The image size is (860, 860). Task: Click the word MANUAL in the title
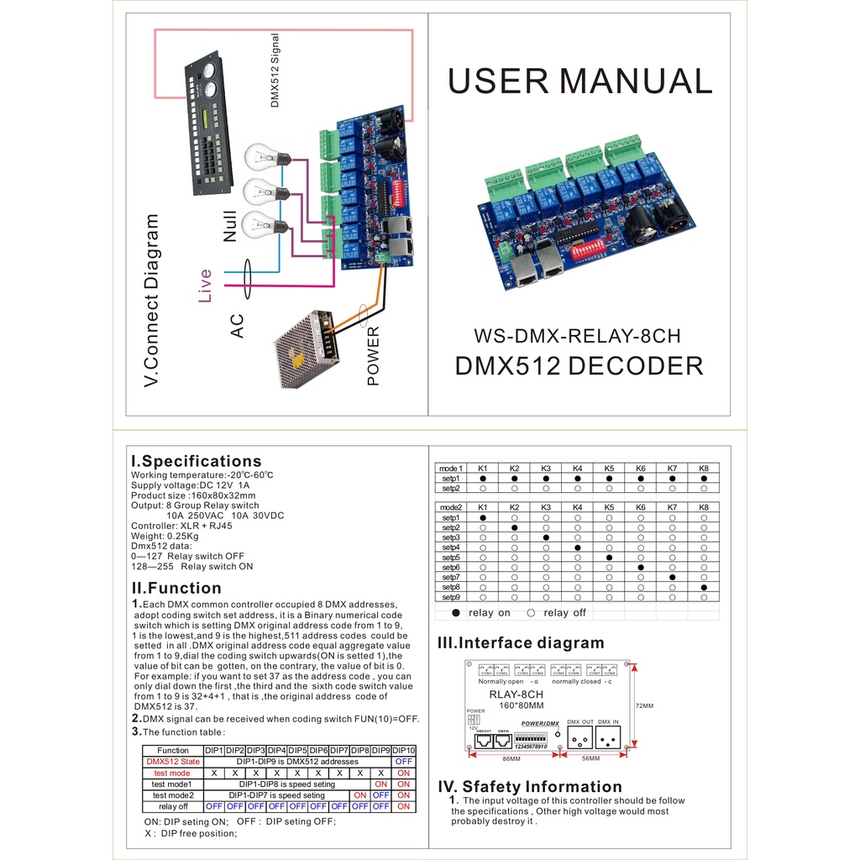[636, 81]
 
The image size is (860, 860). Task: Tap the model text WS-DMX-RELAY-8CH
[577, 336]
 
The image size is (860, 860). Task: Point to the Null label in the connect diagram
[229, 225]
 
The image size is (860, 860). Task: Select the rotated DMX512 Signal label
[274, 71]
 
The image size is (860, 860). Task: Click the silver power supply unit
[307, 348]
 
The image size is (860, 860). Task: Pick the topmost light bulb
[265, 157]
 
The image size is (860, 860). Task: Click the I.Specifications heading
[196, 461]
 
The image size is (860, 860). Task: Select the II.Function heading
[176, 588]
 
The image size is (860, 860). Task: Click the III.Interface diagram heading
[521, 643]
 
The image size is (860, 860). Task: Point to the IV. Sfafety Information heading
[530, 787]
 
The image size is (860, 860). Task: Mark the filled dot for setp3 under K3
[546, 537]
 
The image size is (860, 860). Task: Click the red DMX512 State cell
[173, 762]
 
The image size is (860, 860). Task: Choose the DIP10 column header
[404, 750]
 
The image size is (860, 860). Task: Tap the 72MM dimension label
[645, 706]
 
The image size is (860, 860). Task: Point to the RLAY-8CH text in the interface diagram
[516, 695]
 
